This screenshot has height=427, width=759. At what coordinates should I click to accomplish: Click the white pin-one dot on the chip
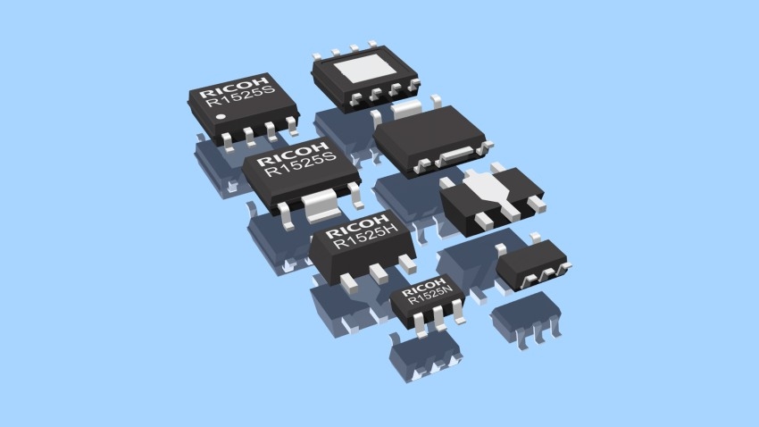coord(221,117)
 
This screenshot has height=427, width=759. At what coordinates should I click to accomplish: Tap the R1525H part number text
coord(366,236)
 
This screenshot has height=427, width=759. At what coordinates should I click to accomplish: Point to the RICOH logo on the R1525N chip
coord(423,287)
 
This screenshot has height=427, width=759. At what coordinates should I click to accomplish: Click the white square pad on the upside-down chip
coord(366,68)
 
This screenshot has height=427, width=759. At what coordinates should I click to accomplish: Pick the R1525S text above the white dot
coord(240,96)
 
